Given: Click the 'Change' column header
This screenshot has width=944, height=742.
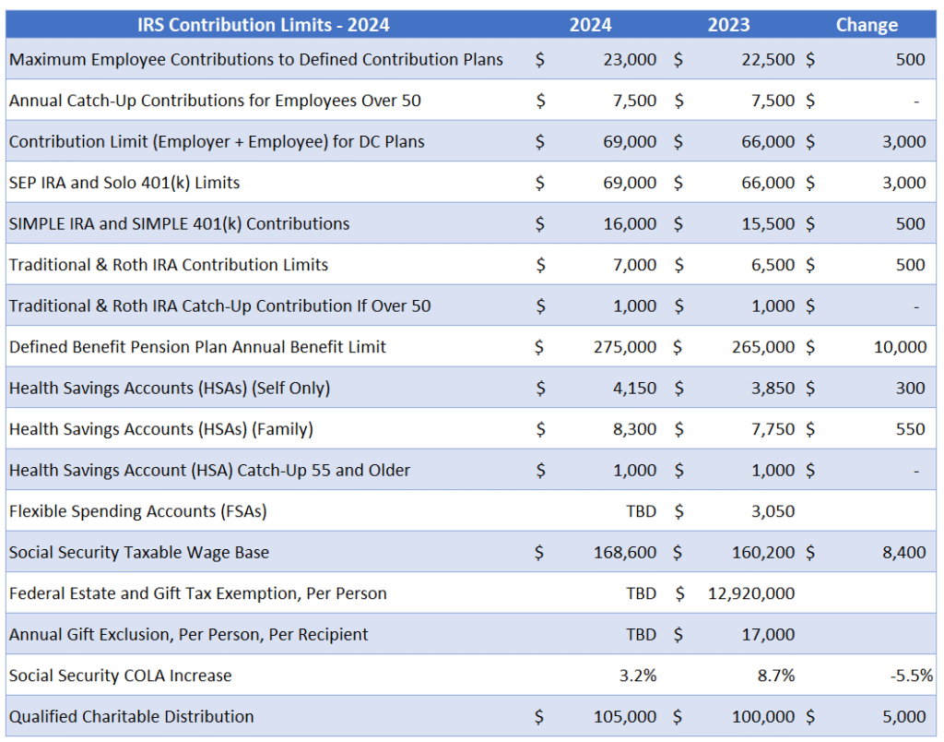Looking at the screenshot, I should pos(866,25).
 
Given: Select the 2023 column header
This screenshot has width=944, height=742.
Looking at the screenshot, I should pos(728,25).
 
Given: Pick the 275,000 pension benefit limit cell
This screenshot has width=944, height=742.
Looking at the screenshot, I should pos(625,347).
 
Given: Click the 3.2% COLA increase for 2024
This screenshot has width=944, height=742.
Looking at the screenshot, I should pos(638,676).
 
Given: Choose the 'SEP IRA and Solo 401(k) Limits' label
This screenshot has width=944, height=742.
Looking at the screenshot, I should pos(124,183).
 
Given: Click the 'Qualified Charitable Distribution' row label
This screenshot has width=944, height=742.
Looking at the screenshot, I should pos(131,716).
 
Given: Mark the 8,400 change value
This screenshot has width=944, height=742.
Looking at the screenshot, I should pos(903,553).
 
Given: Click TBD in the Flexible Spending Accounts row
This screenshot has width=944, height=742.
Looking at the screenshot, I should pos(641,511).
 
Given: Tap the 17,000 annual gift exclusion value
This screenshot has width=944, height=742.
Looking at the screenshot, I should pos(768,635).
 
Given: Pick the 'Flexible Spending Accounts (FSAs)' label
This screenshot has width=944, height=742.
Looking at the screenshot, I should pos(137,511).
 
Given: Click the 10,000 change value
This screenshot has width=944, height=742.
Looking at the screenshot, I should pos(900,347).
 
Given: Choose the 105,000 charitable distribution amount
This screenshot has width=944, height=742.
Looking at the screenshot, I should pos(625,716).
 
